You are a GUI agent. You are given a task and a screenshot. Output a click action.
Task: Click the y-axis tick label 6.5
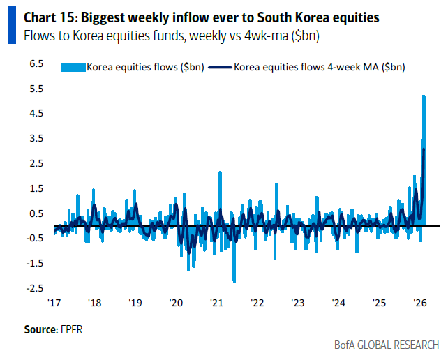click(x=36, y=63)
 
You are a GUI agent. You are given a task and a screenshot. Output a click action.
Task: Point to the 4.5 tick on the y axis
click(x=36, y=113)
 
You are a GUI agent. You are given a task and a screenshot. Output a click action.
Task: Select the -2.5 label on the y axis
click(x=34, y=287)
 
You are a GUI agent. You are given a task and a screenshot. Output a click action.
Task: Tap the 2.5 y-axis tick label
click(x=36, y=163)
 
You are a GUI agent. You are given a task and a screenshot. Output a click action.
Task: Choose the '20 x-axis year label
click(x=175, y=303)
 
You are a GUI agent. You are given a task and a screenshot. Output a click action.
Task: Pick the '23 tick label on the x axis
click(x=298, y=303)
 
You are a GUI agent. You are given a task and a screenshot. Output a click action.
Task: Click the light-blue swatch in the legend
click(x=72, y=68)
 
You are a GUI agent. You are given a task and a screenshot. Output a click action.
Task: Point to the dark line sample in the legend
click(x=221, y=68)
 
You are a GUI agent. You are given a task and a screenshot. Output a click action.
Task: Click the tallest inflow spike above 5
click(x=424, y=98)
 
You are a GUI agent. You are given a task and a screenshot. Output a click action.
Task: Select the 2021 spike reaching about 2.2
click(x=220, y=172)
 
